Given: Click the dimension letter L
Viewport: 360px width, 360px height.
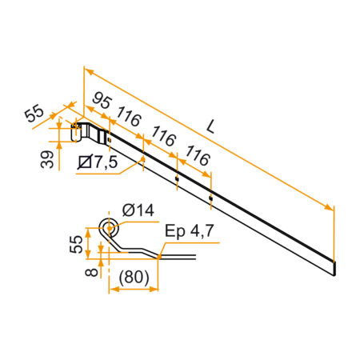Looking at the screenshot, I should click(x=210, y=126).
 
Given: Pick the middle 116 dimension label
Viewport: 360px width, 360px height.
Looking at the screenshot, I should click(x=162, y=138).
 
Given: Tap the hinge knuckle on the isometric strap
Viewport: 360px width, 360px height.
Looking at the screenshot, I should click(x=81, y=132).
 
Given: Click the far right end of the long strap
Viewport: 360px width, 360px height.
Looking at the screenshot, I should click(x=333, y=263).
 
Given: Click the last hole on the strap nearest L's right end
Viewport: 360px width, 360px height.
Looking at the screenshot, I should click(x=210, y=197).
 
